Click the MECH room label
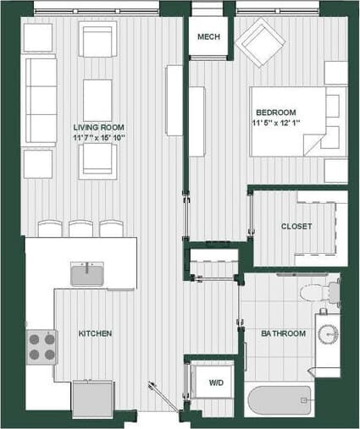click(208, 38)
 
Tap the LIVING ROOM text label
click(99, 127)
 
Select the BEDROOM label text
click(276, 113)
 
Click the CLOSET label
click(296, 226)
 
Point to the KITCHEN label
click(95, 333)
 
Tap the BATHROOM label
click(283, 333)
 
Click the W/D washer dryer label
click(216, 383)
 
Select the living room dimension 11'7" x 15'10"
click(99, 138)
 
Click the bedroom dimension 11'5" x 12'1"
click(276, 124)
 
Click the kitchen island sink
click(87, 274)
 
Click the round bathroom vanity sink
click(327, 333)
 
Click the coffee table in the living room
click(97, 99)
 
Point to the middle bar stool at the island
click(80, 229)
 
